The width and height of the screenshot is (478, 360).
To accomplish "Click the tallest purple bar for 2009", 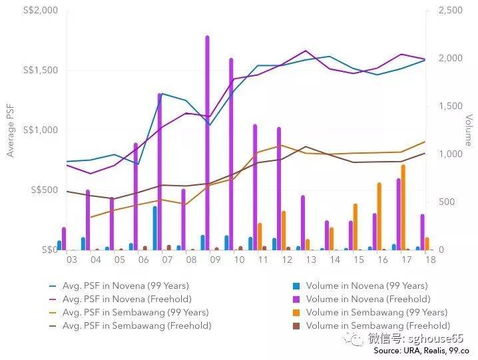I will pos(207,143).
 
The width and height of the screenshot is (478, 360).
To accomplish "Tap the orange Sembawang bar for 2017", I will pos(403,207).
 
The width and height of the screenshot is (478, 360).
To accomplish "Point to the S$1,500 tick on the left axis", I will pos(40,71).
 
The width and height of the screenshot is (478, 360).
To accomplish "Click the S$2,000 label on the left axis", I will pos(40,11).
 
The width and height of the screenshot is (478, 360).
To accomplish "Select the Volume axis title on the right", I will pos(468,130).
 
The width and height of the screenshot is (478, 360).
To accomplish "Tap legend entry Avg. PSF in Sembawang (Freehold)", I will pos(136,325).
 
